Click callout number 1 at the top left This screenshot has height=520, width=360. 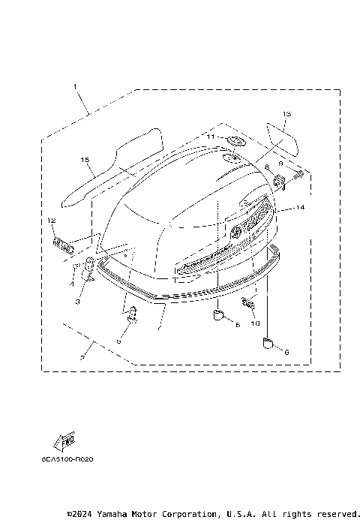tap(75, 87)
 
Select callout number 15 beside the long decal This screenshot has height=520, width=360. tap(85, 160)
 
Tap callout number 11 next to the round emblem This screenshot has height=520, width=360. tap(211, 137)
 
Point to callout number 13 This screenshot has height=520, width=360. tap(286, 115)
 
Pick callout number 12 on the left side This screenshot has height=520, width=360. tap(51, 221)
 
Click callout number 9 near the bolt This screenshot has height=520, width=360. tap(280, 164)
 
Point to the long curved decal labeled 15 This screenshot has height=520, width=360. tap(112, 167)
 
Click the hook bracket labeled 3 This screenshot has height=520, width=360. tap(87, 269)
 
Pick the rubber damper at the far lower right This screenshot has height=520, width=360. tap(265, 344)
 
